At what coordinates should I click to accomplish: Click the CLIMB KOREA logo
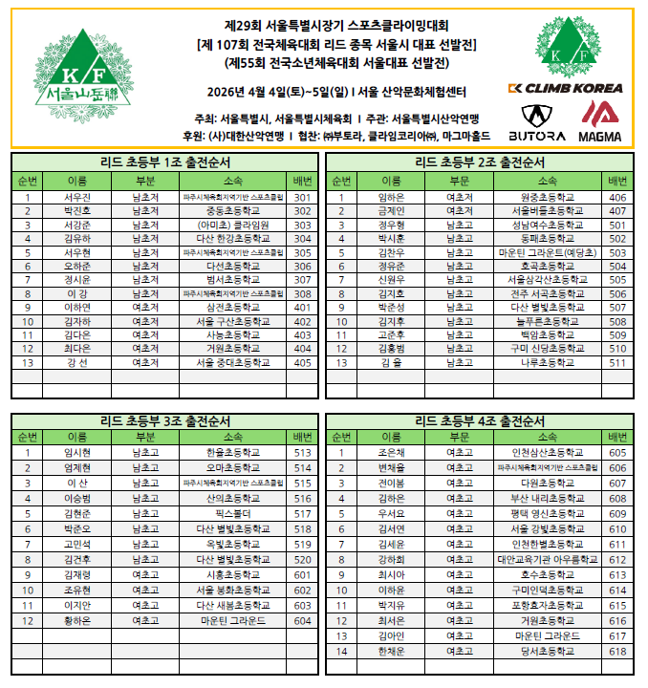point(565,88)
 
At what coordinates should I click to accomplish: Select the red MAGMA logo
point(599,123)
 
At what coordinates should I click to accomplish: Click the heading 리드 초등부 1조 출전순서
point(164,161)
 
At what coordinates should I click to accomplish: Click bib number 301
point(303,197)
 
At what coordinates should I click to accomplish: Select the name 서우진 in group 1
point(76,197)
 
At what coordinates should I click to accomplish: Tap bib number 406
point(617,197)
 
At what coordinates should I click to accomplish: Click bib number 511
point(617,363)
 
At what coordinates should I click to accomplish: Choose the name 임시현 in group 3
point(76,453)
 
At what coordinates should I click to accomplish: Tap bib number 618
point(617,652)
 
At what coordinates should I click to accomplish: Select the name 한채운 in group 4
point(391,652)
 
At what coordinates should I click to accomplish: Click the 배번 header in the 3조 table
point(303,437)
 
